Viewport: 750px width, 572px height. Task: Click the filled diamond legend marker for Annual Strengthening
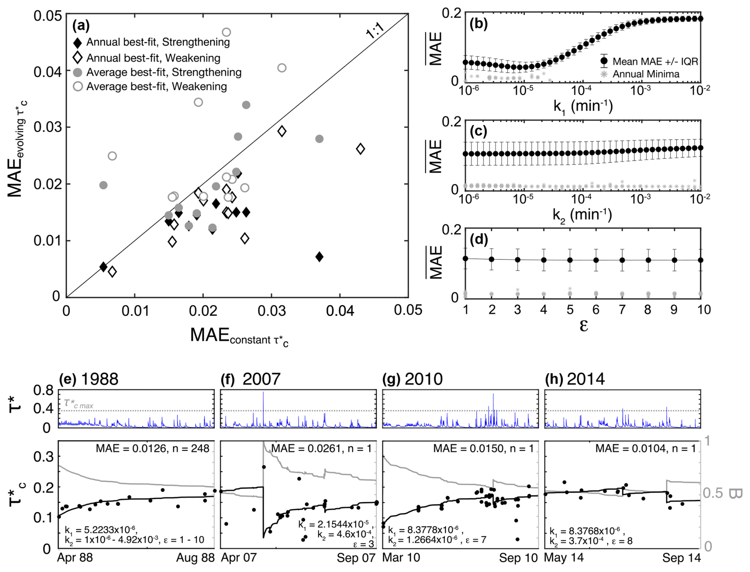(78, 42)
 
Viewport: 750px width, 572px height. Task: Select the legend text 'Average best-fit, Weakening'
(157, 86)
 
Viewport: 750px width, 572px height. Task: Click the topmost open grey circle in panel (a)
(226, 32)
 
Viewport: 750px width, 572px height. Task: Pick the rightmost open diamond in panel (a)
(360, 149)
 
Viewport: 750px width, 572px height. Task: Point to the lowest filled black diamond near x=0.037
(320, 257)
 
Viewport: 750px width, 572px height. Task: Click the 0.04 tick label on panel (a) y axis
(48, 72)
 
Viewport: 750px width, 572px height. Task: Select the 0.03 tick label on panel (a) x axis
(272, 311)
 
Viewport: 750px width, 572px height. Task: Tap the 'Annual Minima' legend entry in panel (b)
(646, 74)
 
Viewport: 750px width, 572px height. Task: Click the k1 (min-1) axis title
(583, 106)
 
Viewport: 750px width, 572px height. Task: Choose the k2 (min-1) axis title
(582, 215)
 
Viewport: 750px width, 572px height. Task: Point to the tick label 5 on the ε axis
(570, 310)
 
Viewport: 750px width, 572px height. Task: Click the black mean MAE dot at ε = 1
(466, 259)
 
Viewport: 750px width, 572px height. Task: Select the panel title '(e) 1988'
(89, 379)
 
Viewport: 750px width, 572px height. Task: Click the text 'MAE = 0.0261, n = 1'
(321, 449)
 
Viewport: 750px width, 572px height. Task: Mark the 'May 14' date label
(564, 558)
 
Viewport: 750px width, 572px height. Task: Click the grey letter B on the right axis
(735, 493)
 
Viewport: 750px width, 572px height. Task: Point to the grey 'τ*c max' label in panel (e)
(78, 404)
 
